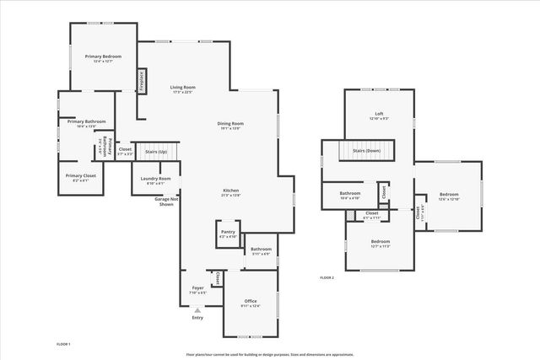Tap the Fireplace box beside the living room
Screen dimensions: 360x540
pyautogui.click(x=142, y=80)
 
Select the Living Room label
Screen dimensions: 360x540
pyautogui.click(x=183, y=87)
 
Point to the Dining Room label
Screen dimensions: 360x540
pyautogui.click(x=230, y=123)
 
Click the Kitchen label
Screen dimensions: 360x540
pyautogui.click(x=231, y=190)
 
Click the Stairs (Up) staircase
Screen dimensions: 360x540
pyautogui.click(x=156, y=153)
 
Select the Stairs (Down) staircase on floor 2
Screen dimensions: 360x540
pyautogui.click(x=367, y=151)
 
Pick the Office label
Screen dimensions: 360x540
pyautogui.click(x=251, y=301)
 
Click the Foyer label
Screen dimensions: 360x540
pyautogui.click(x=197, y=287)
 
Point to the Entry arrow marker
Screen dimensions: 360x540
pyautogui.click(x=197, y=310)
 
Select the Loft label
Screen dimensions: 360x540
pyautogui.click(x=380, y=114)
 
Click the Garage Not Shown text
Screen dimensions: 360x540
pyautogui.click(x=165, y=201)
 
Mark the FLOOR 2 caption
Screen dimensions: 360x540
pyautogui.click(x=327, y=277)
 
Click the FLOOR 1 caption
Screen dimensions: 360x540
pyautogui.click(x=63, y=344)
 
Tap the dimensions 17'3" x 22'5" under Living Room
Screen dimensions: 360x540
pyautogui.click(x=183, y=93)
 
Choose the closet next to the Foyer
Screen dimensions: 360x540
pyautogui.click(x=217, y=278)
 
